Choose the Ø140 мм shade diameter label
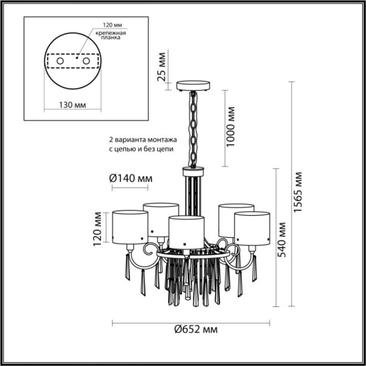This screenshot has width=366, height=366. coord(130,178)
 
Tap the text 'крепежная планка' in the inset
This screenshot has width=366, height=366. coord(108,35)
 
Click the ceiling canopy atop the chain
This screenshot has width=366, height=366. coord(193,85)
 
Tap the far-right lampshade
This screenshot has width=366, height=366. coord(252,227)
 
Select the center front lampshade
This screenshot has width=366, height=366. coord(187,230)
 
